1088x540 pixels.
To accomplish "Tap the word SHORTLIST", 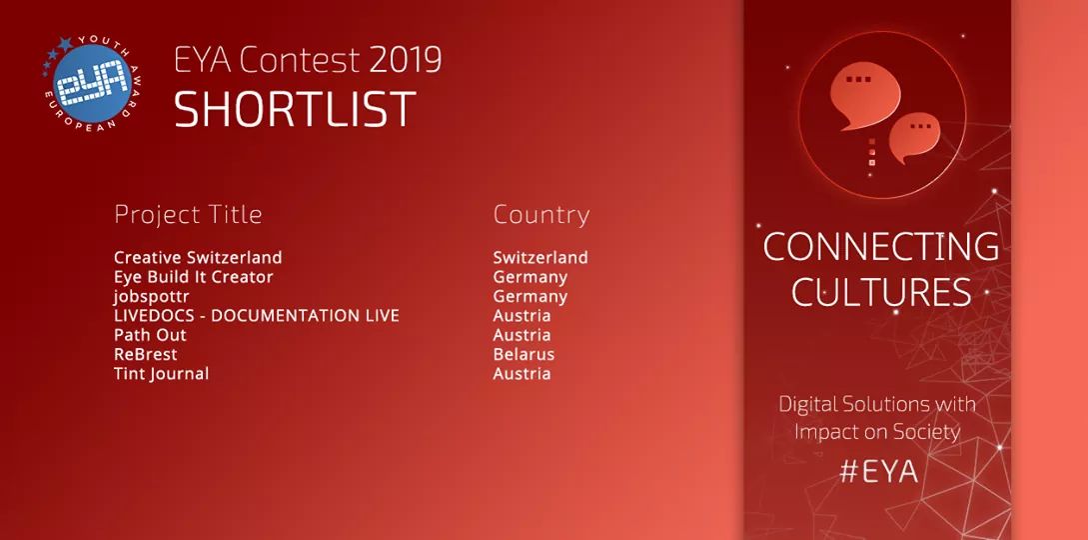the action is [x=295, y=109].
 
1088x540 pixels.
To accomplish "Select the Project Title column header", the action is [x=188, y=214].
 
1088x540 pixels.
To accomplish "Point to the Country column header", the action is [x=542, y=214].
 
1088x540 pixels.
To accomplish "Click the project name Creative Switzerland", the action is [x=198, y=258].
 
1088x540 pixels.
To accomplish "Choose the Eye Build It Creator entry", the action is [x=194, y=277].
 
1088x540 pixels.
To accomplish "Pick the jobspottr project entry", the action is [x=151, y=297].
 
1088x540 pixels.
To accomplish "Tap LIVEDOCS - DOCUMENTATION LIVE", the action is [x=257, y=316].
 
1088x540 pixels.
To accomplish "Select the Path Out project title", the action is [x=150, y=335].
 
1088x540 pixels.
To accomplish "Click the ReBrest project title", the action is [x=146, y=355].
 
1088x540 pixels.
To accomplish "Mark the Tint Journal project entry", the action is [x=161, y=374].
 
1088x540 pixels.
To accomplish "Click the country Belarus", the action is [x=524, y=355].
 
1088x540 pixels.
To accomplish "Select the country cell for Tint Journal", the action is [x=522, y=374].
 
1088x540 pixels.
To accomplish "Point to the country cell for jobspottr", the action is [x=531, y=297].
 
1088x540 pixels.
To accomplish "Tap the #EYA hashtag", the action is [x=878, y=472].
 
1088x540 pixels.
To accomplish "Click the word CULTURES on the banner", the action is [x=881, y=292].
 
